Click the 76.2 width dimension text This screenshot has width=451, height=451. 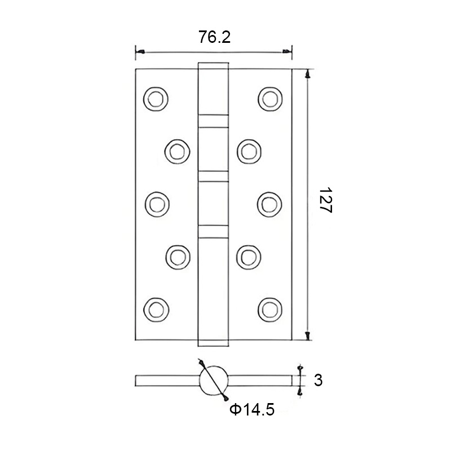pyautogui.click(x=214, y=37)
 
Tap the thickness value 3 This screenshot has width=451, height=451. pyautogui.click(x=318, y=381)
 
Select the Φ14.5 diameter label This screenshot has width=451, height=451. pyautogui.click(x=252, y=410)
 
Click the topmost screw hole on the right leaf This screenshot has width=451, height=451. pyautogui.click(x=269, y=98)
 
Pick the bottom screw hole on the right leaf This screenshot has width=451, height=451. pyautogui.click(x=269, y=308)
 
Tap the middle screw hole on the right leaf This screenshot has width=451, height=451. pyautogui.click(x=269, y=203)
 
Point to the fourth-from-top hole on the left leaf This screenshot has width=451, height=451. pyautogui.click(x=177, y=256)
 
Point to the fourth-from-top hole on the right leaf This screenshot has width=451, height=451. pyautogui.click(x=247, y=256)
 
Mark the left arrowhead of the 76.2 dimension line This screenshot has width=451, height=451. pyautogui.click(x=139, y=52)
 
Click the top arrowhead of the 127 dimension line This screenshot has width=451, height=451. pyautogui.click(x=308, y=73)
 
